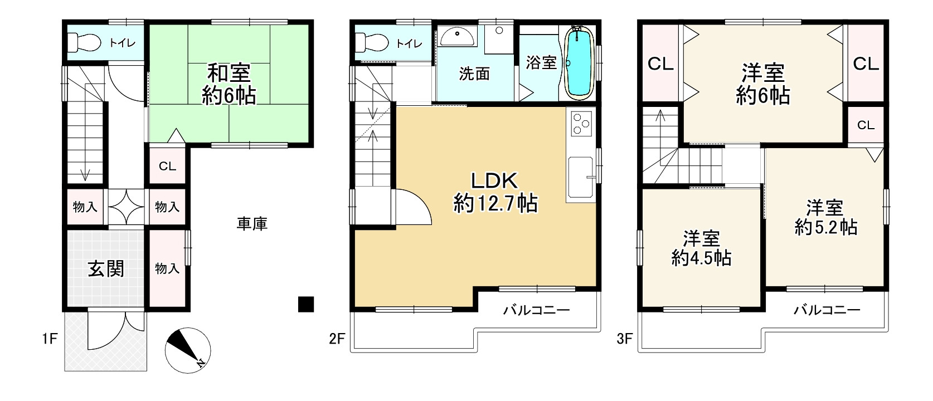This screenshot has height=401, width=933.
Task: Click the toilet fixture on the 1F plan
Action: [84, 42]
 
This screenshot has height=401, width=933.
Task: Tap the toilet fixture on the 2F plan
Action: [372, 42]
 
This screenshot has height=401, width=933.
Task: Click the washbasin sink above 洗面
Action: [458, 36]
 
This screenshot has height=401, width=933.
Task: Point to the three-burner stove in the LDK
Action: [581, 124]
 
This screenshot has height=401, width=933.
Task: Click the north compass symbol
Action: [187, 350]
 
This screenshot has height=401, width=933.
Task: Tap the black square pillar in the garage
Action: [306, 304]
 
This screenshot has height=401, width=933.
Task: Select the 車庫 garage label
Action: [252, 224]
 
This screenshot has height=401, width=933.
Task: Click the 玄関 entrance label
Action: [106, 269]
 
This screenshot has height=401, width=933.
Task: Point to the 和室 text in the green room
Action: [229, 73]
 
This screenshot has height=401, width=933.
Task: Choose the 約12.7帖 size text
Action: [495, 204]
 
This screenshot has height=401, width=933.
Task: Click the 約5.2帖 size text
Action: [825, 227]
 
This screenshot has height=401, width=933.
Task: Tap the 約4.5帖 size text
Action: [701, 258]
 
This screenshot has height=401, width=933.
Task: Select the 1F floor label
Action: [50, 339]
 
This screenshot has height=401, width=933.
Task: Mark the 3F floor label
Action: [624, 339]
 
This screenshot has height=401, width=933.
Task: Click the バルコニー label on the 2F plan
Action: [537, 310]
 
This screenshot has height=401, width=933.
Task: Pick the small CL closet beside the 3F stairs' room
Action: [866, 125]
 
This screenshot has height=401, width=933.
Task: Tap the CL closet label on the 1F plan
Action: [167, 167]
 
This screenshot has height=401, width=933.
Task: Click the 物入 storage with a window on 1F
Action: [167, 268]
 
